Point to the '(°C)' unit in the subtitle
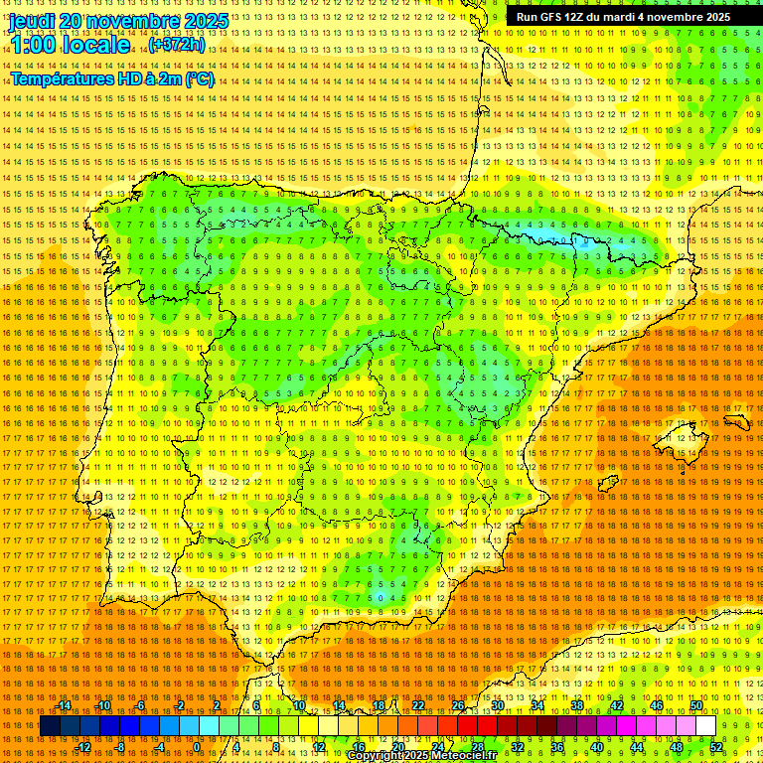199,78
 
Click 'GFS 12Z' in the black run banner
565,17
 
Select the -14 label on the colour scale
65,705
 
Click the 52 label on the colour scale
716,747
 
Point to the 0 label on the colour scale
198,747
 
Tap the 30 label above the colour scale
497,705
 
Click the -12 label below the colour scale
84,747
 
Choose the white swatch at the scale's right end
705,726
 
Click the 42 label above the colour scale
616,705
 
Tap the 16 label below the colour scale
359,747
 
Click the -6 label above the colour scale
141,705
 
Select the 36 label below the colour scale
557,747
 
